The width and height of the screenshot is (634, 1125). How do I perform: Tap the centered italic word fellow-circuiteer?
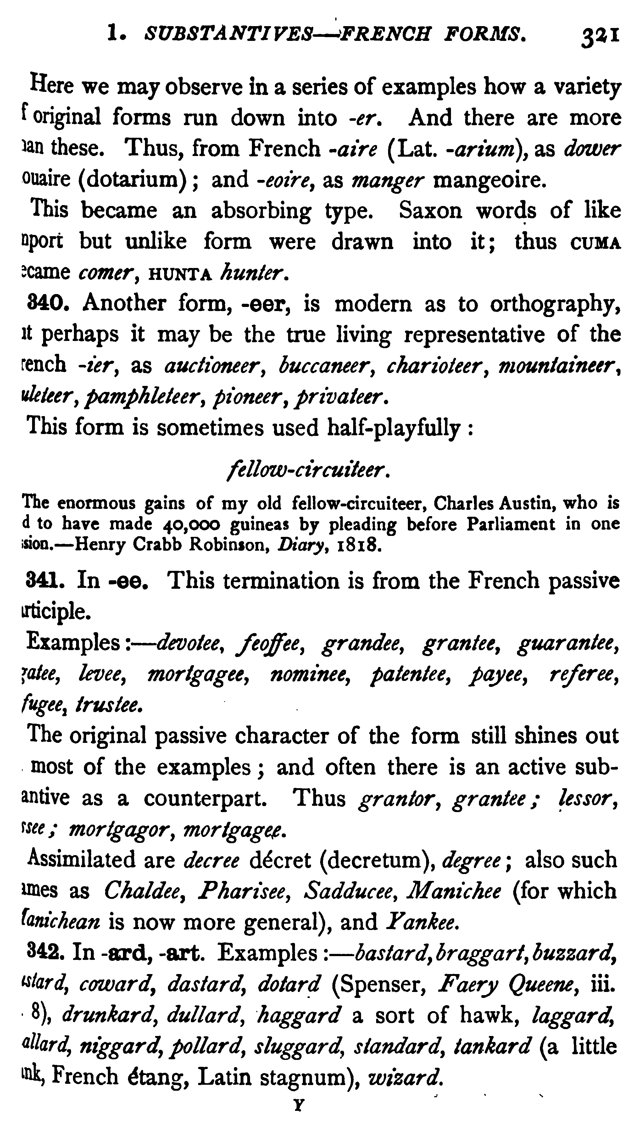pos(307,471)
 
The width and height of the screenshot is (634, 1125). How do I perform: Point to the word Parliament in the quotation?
pos(510,524)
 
